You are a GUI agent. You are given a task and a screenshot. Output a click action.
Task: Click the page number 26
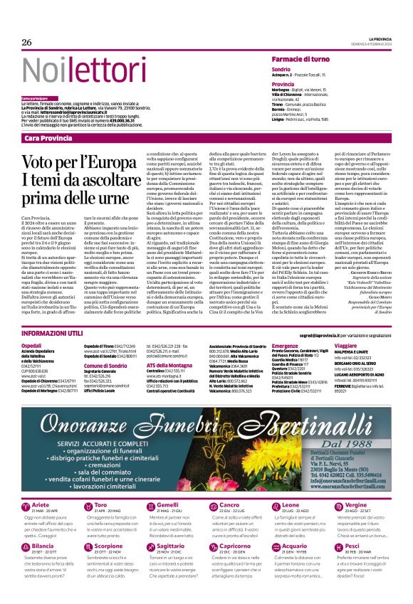27,43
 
